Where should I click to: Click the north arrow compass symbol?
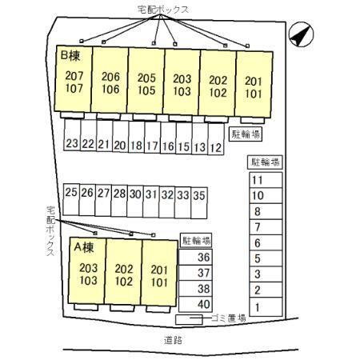tap(302, 34)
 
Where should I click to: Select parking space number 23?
tap(72, 134)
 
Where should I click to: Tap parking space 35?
tap(199, 202)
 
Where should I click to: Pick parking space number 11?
tap(266, 180)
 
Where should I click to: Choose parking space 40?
tap(195, 304)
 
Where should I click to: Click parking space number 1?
tap(266, 307)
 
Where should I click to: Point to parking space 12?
tap(216, 138)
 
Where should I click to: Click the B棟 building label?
tap(70, 56)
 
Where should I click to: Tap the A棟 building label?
tap(84, 247)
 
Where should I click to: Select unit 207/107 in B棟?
tap(73, 79)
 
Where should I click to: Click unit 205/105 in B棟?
tap(146, 81)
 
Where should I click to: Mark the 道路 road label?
tap(173, 340)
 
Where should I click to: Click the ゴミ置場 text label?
tap(229, 318)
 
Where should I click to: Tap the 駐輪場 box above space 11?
tap(265, 162)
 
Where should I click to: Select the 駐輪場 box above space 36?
tap(196, 241)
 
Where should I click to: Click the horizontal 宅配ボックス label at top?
tap(163, 10)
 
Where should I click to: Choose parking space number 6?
tap(266, 242)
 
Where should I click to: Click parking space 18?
tap(136, 137)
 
